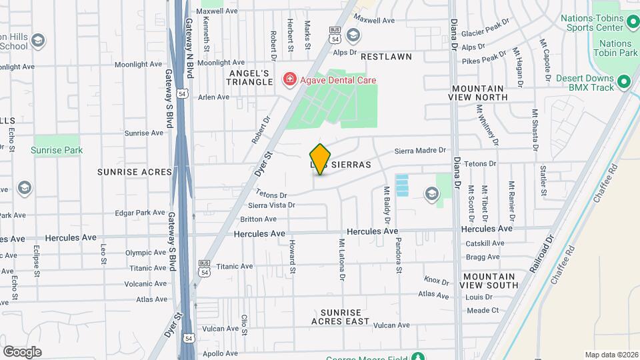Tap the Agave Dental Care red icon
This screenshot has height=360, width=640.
(x=289, y=80)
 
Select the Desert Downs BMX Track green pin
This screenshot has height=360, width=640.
(x=624, y=82)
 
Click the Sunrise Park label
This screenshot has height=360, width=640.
(x=57, y=150)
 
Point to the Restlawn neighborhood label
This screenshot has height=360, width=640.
(x=386, y=57)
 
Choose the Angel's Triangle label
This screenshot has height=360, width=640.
(x=251, y=77)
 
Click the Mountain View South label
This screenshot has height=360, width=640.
(x=489, y=281)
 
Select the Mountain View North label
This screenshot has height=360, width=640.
(x=479, y=93)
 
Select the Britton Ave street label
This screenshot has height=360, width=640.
(x=258, y=219)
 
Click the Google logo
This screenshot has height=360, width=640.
(x=22, y=351)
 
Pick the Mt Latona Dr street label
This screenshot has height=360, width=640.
(x=342, y=259)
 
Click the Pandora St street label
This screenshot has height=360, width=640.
(x=399, y=256)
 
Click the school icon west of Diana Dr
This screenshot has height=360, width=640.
(x=431, y=194)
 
